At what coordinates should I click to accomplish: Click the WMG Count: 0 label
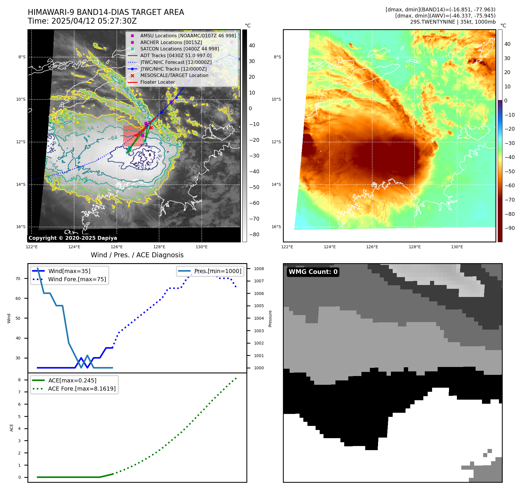point(313,272)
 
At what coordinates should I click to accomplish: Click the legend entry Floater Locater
point(157,82)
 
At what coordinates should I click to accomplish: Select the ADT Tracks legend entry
point(176,55)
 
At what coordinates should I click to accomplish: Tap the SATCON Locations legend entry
point(179,49)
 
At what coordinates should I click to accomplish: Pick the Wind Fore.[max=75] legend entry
point(77,279)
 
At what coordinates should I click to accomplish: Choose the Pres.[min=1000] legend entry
point(218,271)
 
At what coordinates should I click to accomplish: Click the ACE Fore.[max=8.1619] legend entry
point(82,389)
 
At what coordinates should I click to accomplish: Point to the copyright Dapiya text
point(73,238)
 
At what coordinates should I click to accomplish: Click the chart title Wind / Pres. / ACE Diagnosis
point(137,255)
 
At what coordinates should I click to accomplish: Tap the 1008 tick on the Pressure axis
point(259,269)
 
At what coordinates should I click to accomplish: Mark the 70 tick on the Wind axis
point(18,279)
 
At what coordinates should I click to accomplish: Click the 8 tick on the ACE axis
point(19,380)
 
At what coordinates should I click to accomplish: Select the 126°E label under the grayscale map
point(116,247)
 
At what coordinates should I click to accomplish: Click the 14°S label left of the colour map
point(276,184)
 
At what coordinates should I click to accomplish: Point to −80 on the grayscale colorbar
point(254,235)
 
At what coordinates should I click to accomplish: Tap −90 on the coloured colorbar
point(509,228)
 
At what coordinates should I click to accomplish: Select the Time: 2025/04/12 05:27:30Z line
point(82,21)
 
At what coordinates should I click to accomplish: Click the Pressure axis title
point(270,319)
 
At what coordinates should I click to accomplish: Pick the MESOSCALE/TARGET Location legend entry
point(174,76)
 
